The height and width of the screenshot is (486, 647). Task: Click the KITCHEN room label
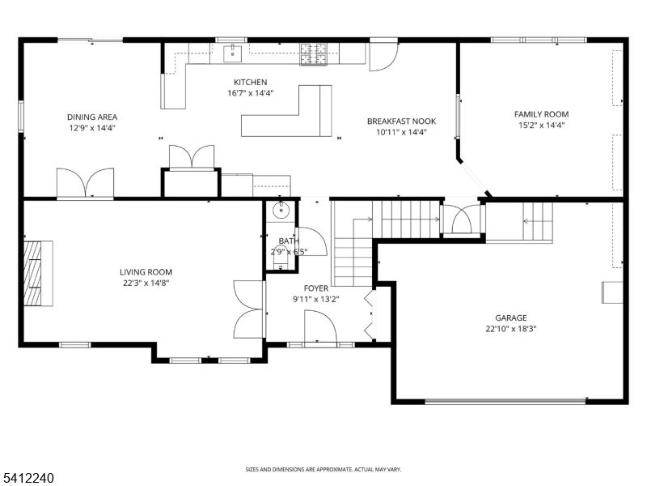[x=251, y=83]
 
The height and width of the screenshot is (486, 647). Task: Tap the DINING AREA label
[x=92, y=117]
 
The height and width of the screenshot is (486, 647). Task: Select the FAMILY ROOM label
[x=541, y=114]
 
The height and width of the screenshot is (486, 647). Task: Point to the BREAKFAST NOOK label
[x=401, y=121]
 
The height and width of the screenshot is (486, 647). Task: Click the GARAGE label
[x=511, y=318]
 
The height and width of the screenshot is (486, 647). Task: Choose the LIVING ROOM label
[x=146, y=272]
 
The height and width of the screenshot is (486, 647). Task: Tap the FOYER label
[x=316, y=288]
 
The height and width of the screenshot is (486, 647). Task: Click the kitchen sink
[x=233, y=53]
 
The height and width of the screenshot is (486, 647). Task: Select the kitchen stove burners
[x=314, y=54]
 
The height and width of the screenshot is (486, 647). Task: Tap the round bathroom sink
[x=281, y=211]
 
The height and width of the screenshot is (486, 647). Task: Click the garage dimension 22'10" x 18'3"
[x=511, y=329]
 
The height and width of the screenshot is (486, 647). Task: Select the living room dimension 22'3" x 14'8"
[x=146, y=283]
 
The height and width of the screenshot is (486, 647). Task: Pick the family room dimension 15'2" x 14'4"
[x=541, y=126]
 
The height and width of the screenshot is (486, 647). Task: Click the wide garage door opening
[x=505, y=400]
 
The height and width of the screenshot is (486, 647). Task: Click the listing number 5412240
[x=27, y=478]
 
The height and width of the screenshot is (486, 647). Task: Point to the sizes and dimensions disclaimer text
[x=323, y=470]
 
